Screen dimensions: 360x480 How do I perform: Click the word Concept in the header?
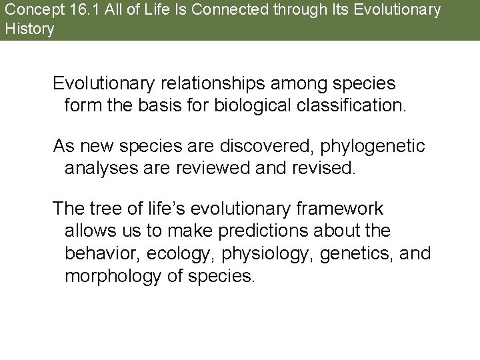tap(26, 10)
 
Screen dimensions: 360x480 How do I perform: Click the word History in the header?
tap(29, 29)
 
